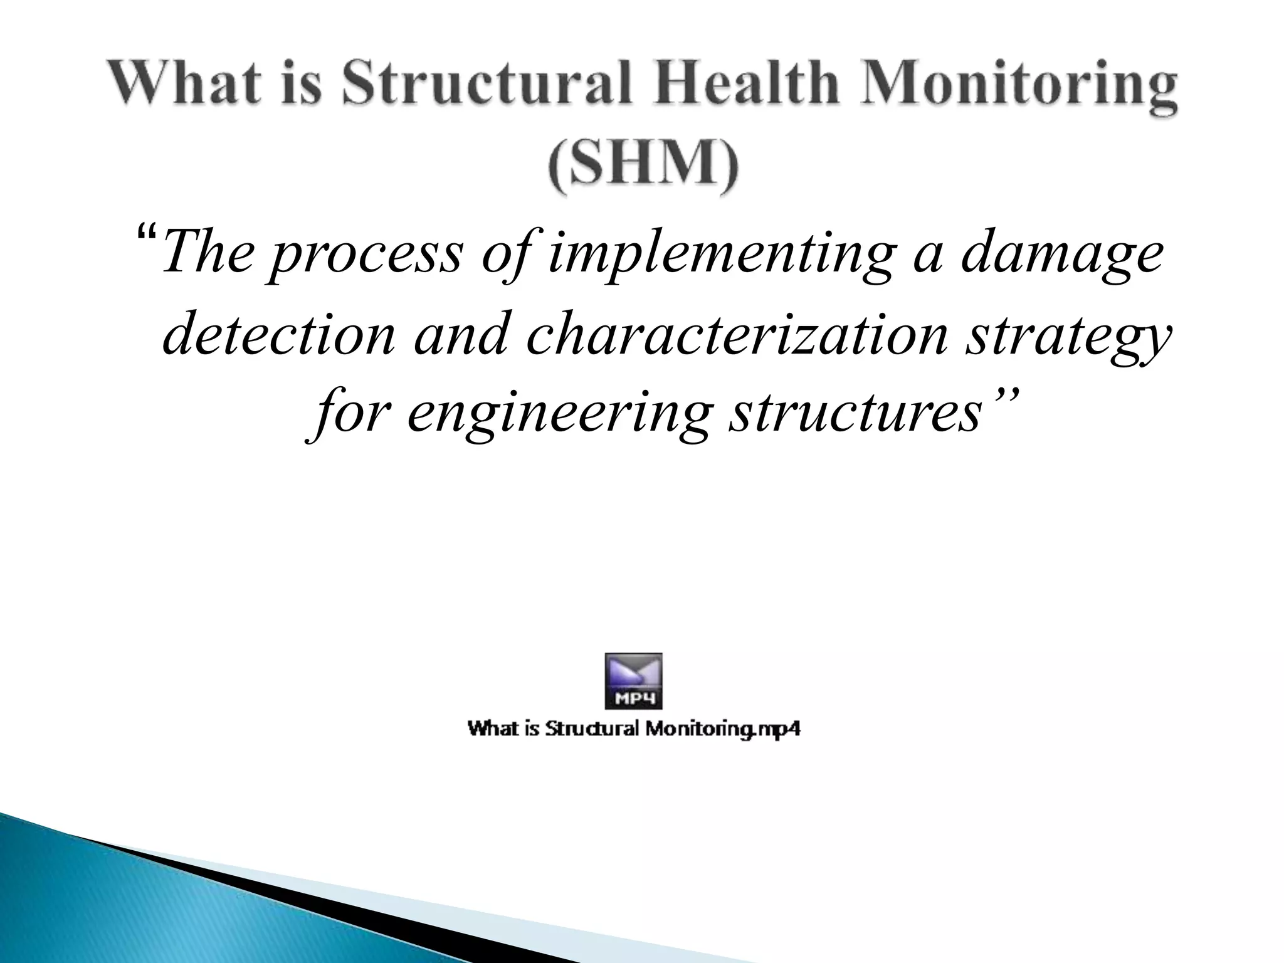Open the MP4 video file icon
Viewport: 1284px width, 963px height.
(x=633, y=681)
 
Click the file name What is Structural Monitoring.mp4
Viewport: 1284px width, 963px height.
(x=634, y=729)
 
